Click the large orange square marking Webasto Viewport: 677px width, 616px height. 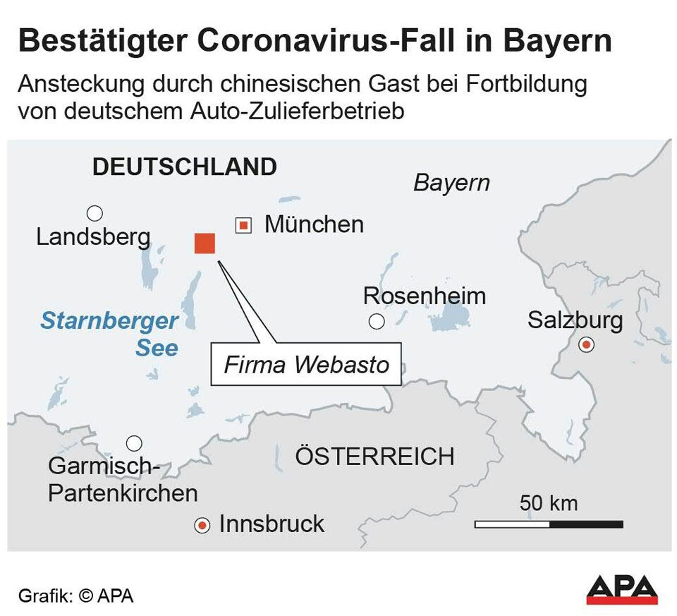point(205,243)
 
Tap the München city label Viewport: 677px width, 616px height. point(314,224)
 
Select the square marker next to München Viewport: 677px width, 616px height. point(243,226)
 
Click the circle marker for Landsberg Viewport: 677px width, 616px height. point(94,213)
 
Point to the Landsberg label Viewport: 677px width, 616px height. point(93,237)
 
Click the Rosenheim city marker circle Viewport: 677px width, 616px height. point(377,322)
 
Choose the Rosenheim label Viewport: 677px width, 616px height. point(424,296)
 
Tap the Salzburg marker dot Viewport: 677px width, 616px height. point(586,345)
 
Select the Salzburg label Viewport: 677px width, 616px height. point(575,320)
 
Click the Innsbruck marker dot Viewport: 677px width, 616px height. point(203,526)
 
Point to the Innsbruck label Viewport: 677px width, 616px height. point(272,524)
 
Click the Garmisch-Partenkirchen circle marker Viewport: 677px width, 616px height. point(134,444)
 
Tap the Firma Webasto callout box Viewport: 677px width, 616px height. point(306,365)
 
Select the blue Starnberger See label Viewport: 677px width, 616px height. point(109,334)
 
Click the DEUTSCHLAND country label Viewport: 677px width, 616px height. point(185,167)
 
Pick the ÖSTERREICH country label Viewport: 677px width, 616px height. point(374,457)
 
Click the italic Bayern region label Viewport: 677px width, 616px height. point(451,183)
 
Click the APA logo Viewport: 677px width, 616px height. point(621,588)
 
